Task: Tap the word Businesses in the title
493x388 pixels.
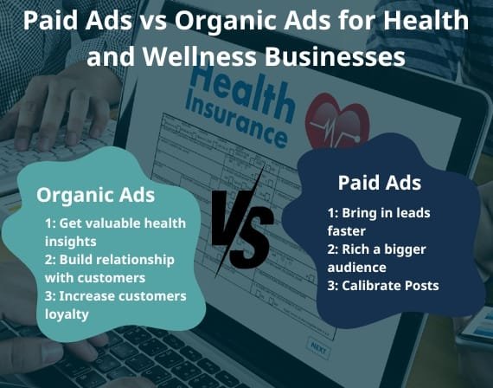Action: point(335,56)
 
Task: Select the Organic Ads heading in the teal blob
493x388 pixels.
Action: point(96,196)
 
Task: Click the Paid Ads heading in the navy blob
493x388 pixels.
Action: point(380,183)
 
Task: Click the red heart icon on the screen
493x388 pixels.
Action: point(337,121)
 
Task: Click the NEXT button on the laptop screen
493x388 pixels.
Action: point(319,348)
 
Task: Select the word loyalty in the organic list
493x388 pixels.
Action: point(67,314)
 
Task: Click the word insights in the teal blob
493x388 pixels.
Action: point(71,242)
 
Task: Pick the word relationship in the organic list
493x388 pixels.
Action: point(117,260)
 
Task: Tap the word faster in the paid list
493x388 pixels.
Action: point(347,231)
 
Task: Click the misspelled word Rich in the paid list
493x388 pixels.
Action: point(353,249)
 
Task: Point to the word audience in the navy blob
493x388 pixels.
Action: point(356,267)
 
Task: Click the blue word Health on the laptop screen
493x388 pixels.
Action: point(242,92)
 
